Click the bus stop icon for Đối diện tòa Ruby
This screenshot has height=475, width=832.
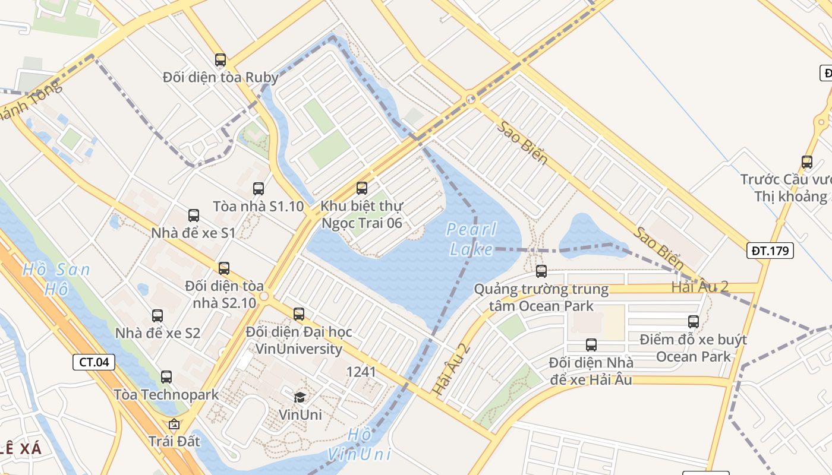[220, 59]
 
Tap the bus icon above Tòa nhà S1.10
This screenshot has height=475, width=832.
[259, 189]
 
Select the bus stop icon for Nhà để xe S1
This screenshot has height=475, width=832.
[194, 216]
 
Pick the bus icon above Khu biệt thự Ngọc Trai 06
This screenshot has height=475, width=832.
[362, 188]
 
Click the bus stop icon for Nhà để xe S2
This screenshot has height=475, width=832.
[157, 316]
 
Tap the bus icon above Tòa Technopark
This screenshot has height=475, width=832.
[166, 376]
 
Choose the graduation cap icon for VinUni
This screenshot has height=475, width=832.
[300, 397]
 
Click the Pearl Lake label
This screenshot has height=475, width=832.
[471, 239]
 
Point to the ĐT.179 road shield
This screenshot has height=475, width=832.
[770, 251]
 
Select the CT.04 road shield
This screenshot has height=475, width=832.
[94, 362]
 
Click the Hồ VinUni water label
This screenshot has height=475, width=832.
[360, 444]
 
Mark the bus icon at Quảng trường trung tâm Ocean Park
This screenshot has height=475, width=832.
[541, 271]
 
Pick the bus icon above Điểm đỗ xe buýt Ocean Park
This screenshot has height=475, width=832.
[694, 322]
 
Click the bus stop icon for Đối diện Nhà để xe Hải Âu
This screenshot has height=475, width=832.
[591, 345]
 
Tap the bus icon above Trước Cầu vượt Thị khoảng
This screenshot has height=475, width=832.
[807, 161]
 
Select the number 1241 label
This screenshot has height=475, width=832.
[361, 372]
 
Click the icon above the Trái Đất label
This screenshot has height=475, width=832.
[174, 424]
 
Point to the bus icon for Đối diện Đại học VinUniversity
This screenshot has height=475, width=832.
[299, 313]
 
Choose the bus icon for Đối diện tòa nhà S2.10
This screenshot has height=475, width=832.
[224, 268]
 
